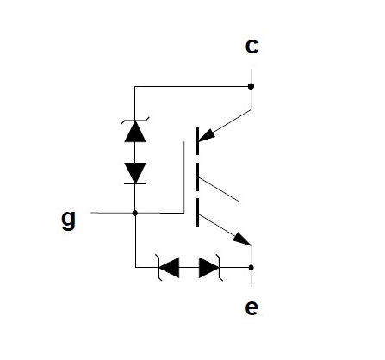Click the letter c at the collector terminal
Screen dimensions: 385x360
click(251, 47)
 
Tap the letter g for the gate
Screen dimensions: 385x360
click(69, 220)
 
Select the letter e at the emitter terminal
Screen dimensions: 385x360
click(251, 307)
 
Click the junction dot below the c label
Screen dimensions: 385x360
click(251, 86)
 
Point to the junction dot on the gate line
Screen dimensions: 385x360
click(135, 213)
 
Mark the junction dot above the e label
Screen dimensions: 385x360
click(251, 268)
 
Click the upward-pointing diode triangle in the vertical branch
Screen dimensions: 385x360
click(135, 132)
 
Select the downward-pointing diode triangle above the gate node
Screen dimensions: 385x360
click(135, 173)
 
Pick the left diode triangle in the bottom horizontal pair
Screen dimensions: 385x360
click(169, 268)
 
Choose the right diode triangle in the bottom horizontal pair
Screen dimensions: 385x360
click(208, 268)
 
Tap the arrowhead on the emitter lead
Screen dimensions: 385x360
click(242, 239)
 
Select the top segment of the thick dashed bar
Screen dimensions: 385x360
click(197, 140)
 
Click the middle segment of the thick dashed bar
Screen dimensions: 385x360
click(197, 177)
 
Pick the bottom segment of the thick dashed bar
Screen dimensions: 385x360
click(197, 212)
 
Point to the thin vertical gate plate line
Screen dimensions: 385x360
click(183, 177)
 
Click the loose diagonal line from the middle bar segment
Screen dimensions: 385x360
click(220, 190)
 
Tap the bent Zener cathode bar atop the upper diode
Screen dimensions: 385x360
click(135, 121)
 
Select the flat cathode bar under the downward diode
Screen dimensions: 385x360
click(135, 183)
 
